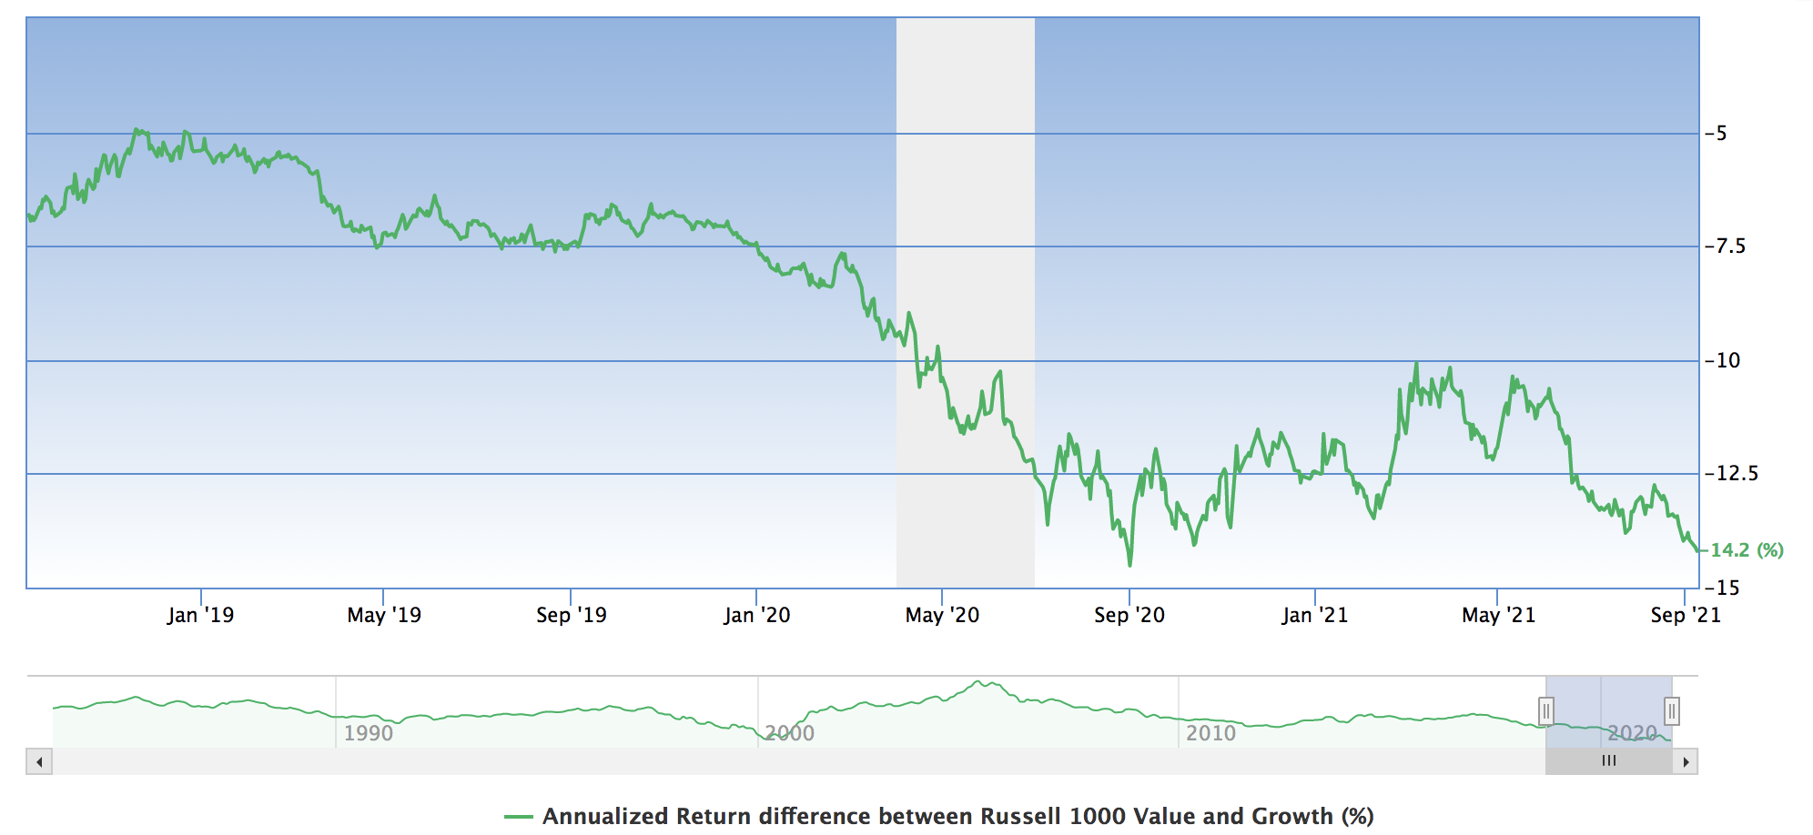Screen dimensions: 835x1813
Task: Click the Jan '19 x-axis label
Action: click(200, 616)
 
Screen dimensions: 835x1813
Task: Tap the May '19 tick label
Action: click(384, 616)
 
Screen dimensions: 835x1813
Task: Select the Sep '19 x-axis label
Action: click(571, 616)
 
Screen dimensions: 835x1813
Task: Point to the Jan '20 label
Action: click(756, 616)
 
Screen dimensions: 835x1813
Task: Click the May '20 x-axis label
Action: click(942, 616)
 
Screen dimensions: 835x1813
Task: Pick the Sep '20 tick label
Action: click(1129, 616)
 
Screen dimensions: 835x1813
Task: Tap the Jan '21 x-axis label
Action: click(1314, 616)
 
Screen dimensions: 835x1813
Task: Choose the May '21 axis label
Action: click(1498, 616)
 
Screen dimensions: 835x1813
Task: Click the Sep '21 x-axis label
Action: click(1685, 616)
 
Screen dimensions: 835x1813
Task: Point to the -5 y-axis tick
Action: click(1717, 134)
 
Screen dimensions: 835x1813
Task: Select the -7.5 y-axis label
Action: click(1726, 246)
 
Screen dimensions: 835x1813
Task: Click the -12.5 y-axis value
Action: click(1731, 474)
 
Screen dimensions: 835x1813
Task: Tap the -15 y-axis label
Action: click(1722, 588)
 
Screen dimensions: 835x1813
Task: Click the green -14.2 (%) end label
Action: click(1746, 550)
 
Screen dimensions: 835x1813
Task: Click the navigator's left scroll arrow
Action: click(39, 761)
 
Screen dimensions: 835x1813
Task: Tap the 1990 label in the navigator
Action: click(368, 733)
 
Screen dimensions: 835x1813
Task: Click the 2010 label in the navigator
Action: click(1210, 733)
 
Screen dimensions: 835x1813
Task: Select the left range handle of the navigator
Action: click(1545, 710)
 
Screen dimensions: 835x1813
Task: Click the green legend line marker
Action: click(518, 817)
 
